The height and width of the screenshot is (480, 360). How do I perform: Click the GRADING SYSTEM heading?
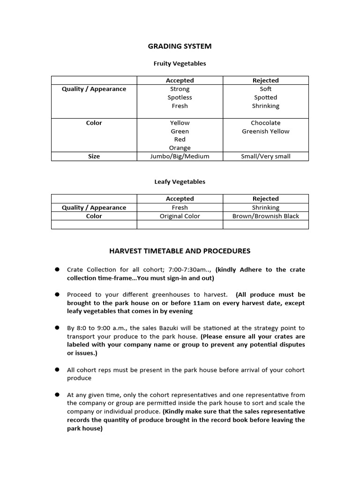180,46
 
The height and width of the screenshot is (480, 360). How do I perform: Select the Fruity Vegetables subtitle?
180,63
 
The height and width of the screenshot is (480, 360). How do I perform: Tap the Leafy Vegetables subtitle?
180,181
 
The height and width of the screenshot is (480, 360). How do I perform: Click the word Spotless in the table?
180,97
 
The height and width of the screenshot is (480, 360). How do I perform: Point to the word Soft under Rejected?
265,89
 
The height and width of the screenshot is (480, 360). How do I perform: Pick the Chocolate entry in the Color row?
265,123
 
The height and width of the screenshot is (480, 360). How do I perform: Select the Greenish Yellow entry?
265,131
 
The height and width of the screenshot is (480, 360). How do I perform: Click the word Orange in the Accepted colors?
180,148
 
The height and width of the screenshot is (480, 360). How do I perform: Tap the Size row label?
94,157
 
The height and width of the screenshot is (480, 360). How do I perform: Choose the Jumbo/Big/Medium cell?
180,157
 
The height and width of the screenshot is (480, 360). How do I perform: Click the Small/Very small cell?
265,157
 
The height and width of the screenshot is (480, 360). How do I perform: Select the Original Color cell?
180,216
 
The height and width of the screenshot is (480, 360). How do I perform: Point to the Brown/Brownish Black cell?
265,216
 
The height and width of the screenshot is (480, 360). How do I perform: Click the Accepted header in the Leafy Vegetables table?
180,199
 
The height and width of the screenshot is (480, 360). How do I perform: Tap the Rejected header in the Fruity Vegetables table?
265,81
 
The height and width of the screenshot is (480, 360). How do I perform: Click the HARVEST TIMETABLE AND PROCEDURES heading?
180,251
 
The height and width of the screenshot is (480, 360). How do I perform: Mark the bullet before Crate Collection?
57,270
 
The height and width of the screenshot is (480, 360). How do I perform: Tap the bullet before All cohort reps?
57,370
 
